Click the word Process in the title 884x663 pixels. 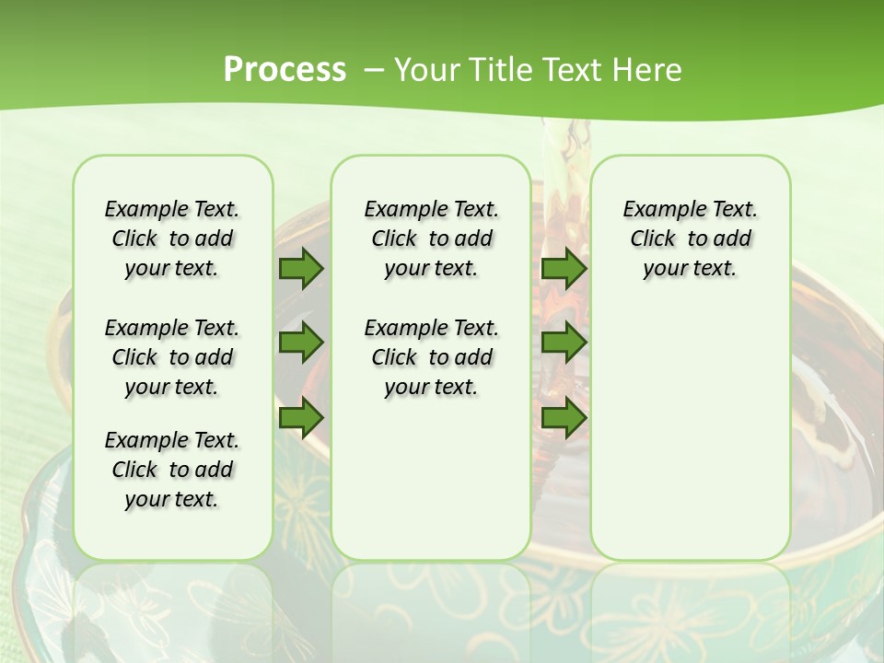pos(285,70)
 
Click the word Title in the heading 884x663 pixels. pos(496,70)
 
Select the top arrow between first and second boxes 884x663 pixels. pos(301,268)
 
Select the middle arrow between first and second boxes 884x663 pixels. pos(301,343)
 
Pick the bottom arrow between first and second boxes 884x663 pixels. pos(301,418)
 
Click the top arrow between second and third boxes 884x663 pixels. pos(564,268)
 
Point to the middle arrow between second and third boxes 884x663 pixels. pos(564,343)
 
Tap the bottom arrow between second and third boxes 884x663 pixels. pos(564,418)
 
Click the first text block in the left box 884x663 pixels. pos(172,238)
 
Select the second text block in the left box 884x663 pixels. pos(172,357)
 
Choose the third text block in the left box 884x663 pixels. pos(172,470)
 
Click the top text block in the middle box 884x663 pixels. pos(431,238)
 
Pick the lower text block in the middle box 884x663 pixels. pos(431,357)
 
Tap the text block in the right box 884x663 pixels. pos(691,238)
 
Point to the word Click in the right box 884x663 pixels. pos(653,239)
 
